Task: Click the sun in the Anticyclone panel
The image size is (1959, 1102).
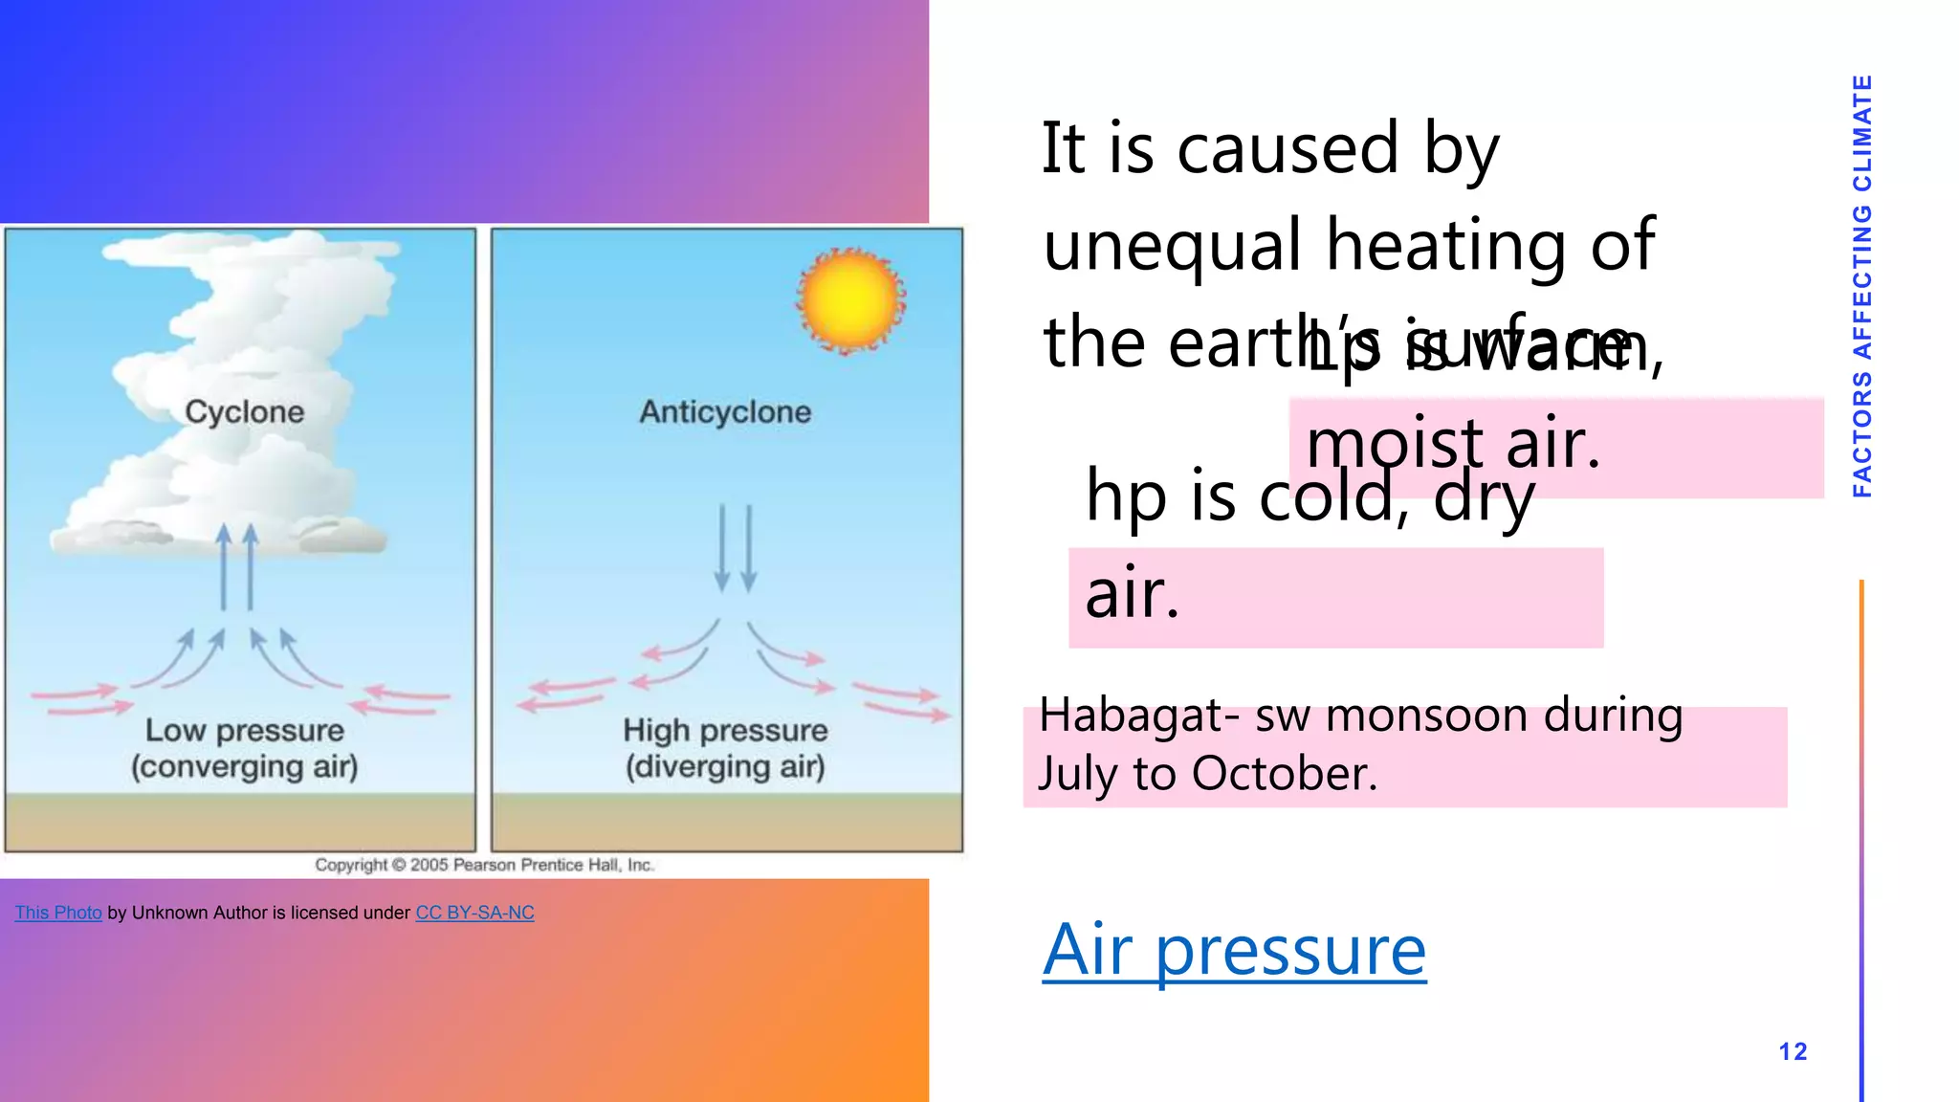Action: coord(850,300)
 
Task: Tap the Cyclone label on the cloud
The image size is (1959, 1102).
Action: coord(245,412)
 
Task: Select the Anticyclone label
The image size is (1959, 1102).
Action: coord(725,412)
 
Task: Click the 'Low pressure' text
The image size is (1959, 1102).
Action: coord(245,731)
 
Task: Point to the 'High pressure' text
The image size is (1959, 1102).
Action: coord(725,731)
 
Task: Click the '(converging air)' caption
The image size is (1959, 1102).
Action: coord(245,767)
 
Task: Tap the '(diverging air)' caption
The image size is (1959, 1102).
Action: coord(725,767)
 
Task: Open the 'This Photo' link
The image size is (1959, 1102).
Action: coord(58,913)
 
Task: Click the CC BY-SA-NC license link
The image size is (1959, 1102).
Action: coord(474,913)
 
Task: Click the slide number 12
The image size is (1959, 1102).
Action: coord(1793,1052)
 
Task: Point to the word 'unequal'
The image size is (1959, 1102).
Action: coord(1172,245)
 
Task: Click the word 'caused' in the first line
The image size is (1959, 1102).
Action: coord(1288,149)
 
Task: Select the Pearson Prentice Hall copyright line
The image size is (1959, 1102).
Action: coord(484,865)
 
